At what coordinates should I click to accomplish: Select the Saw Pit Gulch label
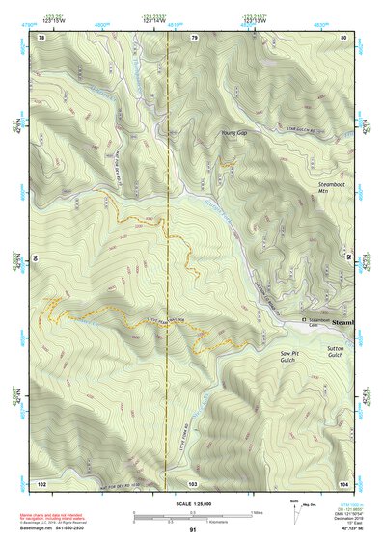pyautogui.click(x=292, y=359)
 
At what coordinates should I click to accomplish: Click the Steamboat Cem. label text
pyautogui.click(x=317, y=322)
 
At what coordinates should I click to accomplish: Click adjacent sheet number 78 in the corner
pyautogui.click(x=41, y=38)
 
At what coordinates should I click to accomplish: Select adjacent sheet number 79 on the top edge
pyautogui.click(x=194, y=38)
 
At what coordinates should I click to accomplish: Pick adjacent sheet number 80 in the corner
pyautogui.click(x=343, y=38)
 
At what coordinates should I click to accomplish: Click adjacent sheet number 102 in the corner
pyautogui.click(x=41, y=482)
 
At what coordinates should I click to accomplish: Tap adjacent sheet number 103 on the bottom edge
pyautogui.click(x=193, y=482)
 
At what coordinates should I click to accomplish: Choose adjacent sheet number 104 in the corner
pyautogui.click(x=343, y=482)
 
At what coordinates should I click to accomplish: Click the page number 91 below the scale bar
pyautogui.click(x=193, y=529)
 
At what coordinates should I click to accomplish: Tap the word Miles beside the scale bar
pyautogui.click(x=256, y=512)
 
